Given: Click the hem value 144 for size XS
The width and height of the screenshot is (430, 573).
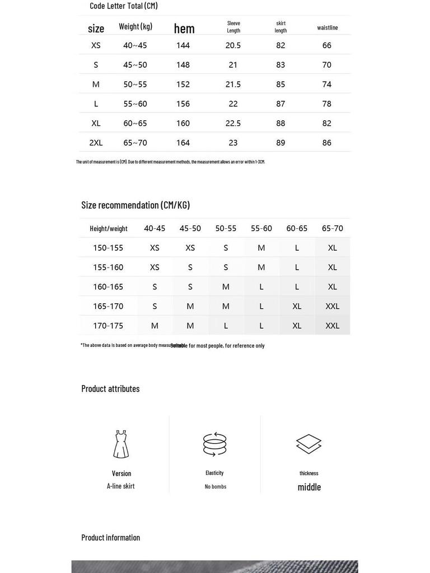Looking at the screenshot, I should point(183,45).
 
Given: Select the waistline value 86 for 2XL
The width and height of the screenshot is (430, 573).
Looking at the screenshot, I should point(327,143).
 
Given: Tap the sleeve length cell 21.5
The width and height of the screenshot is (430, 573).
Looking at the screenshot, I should point(233,84).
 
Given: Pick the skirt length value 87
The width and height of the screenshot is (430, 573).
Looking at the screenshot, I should point(281,104).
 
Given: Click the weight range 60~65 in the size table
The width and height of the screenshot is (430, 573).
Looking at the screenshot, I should point(135,124).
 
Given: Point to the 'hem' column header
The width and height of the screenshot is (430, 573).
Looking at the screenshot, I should point(184,29).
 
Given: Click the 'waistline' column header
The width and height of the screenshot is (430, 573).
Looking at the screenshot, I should point(328,27).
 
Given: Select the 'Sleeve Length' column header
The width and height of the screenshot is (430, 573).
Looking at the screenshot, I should point(233,27).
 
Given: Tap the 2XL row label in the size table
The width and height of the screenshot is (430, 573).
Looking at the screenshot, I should point(96,143).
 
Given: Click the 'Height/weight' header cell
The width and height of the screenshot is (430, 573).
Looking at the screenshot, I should point(109,228).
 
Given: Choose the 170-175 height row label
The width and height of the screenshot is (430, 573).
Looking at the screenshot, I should point(108,326).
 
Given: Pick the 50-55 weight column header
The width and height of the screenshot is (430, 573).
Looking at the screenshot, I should point(226,228).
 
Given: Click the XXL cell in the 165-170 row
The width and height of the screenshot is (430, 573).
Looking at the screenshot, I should point(333,306).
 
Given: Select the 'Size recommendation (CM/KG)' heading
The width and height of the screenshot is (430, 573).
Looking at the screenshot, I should point(135,205).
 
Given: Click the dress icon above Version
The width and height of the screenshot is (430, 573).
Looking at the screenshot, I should point(121,444).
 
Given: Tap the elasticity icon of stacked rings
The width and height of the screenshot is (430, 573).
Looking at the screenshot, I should point(215,444).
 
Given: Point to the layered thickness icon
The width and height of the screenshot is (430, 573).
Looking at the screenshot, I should point(309,444).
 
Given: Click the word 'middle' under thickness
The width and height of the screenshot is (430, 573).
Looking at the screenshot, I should point(309,487).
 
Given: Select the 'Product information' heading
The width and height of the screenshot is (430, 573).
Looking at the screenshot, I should point(111,537).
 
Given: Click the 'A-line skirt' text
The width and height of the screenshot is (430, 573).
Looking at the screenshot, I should point(121,486).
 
